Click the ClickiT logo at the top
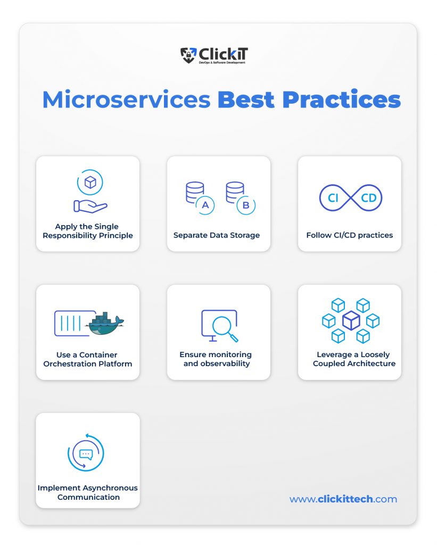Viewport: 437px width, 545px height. tap(214, 55)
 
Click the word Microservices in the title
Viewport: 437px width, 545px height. tap(127, 100)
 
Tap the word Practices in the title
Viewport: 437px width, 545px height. tap(341, 100)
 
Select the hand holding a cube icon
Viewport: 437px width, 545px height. tap(90, 191)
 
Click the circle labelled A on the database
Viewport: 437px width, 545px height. tap(205, 205)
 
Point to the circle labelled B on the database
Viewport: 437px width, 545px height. tap(246, 205)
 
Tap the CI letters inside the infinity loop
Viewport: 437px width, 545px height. tap(333, 198)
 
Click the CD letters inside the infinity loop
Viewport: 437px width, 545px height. tap(368, 198)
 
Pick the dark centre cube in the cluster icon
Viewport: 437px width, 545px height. tap(351, 320)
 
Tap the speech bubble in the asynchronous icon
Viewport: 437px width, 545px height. tap(86, 455)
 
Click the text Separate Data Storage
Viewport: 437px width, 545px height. tap(217, 235)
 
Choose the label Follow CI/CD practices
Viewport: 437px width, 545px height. tap(349, 235)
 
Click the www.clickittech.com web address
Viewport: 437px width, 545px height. tap(343, 499)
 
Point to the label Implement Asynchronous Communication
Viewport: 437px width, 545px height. tap(88, 492)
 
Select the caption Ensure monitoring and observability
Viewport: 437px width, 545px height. tap(216, 359)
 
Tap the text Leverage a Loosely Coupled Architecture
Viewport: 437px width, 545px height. tap(354, 359)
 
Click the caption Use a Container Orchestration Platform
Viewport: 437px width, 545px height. tap(88, 359)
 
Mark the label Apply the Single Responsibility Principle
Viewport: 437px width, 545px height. tap(88, 231)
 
